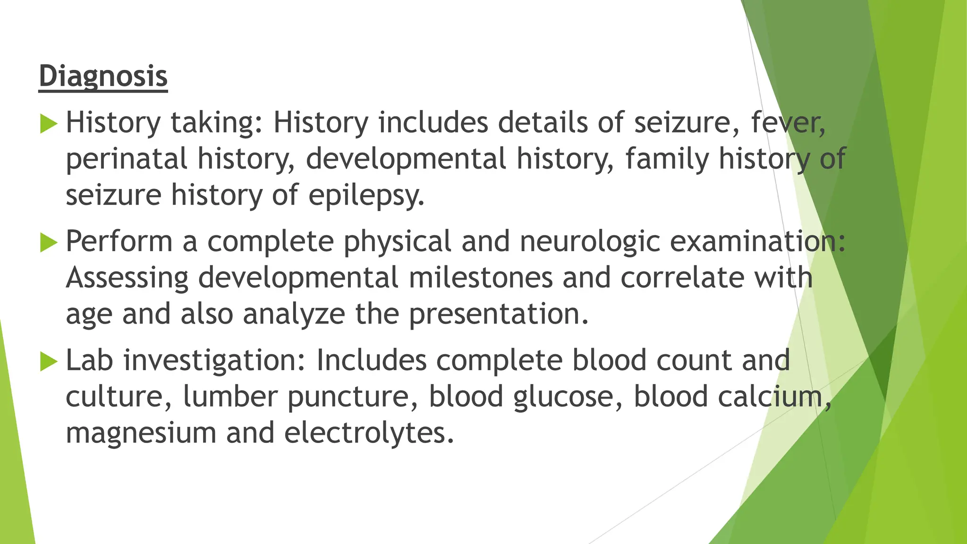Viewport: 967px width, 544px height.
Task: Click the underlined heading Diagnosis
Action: tap(103, 76)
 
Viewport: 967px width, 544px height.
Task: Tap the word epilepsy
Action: tap(366, 195)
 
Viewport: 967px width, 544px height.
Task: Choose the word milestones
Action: tap(481, 278)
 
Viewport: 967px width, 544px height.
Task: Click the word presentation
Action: tap(498, 314)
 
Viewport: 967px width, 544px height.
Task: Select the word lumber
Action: tap(230, 397)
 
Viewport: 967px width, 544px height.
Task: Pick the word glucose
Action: tap(567, 397)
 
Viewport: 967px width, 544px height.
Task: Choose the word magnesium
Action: tap(141, 433)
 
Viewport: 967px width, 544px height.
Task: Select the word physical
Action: tap(397, 241)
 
